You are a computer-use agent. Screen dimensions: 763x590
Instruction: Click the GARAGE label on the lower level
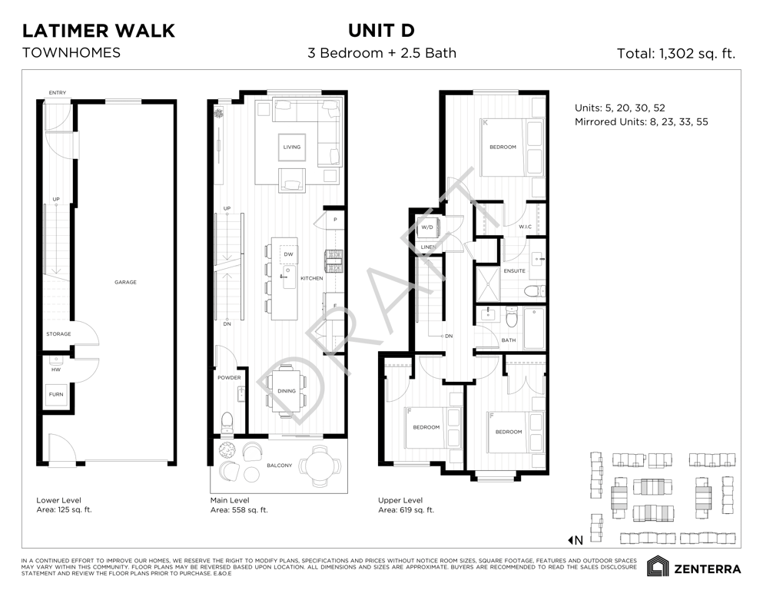coord(125,282)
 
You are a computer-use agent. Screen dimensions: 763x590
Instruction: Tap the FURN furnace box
coord(56,394)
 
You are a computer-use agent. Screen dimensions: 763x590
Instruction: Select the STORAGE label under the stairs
coord(58,334)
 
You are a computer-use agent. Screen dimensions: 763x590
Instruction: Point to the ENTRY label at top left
coord(58,92)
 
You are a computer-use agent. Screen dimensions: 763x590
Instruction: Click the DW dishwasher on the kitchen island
coord(289,254)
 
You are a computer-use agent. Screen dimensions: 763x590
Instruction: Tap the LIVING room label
coord(292,147)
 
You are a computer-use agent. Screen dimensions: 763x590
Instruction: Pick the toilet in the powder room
coord(227,423)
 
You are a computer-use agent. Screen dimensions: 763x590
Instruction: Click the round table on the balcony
coord(319,466)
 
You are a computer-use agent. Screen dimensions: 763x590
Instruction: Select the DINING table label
coord(287,391)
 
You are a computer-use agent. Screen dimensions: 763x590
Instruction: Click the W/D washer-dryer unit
coord(428,227)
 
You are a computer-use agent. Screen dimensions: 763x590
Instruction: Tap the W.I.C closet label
coord(525,227)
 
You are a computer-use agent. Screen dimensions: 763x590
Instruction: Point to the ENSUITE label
coord(514,271)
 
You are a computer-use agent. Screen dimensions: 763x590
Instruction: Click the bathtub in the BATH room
coord(534,328)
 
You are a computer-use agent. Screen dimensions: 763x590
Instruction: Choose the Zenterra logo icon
coord(658,566)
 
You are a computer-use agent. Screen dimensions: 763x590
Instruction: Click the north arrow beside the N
coord(570,540)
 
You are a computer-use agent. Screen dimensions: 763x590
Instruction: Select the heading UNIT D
coord(381,31)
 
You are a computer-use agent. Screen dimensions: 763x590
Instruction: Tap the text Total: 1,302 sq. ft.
coord(676,53)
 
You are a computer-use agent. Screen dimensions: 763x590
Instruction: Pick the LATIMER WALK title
coord(99,31)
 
